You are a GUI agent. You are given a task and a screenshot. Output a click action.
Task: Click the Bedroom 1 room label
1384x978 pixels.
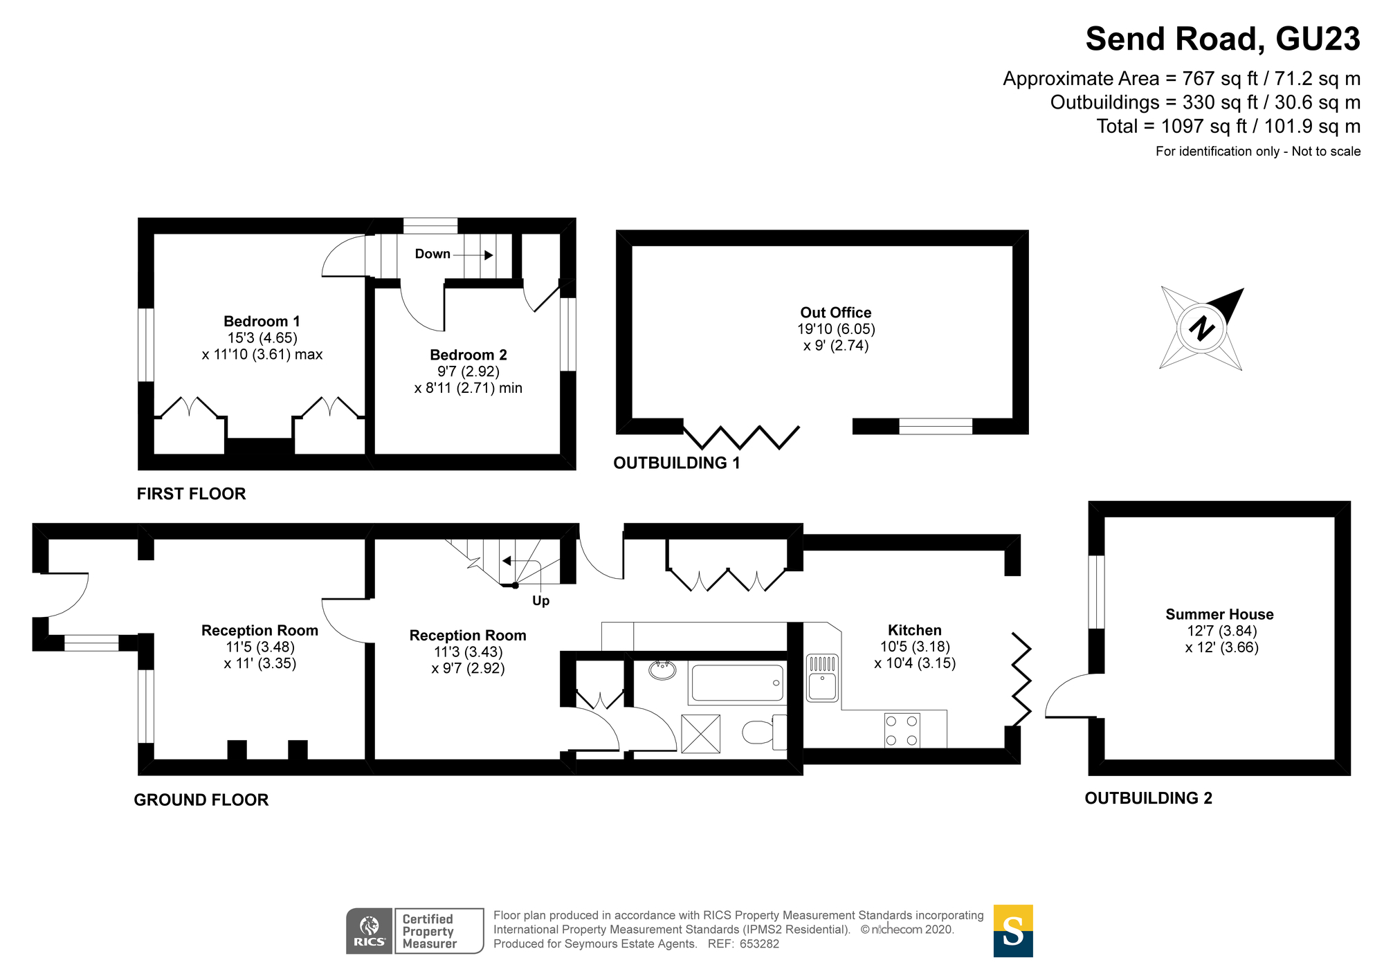[x=262, y=321]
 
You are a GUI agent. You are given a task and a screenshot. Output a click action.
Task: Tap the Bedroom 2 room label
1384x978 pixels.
[x=468, y=355]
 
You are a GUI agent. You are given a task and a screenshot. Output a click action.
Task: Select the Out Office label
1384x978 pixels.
[x=835, y=313]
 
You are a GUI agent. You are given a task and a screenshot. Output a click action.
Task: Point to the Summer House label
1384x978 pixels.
[x=1219, y=614]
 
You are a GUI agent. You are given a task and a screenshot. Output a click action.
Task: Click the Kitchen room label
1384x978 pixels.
[x=915, y=630]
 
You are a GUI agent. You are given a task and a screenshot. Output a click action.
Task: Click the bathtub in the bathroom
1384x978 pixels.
[x=737, y=683]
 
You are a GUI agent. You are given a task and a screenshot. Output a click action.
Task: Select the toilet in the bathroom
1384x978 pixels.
[x=765, y=732]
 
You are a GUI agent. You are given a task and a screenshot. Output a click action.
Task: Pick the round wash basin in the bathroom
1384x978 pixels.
[x=663, y=670]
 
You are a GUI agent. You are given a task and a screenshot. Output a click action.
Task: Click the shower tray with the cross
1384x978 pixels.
[x=700, y=734]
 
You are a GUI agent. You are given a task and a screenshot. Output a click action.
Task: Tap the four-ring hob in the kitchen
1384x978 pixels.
[x=902, y=730]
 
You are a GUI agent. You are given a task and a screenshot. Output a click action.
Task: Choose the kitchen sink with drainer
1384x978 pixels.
[x=823, y=678]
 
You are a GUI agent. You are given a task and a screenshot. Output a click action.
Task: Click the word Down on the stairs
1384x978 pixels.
[x=432, y=254]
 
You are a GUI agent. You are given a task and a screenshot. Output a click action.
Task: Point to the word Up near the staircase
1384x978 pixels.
[x=540, y=600]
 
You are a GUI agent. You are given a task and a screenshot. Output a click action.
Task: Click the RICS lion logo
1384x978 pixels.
[x=370, y=931]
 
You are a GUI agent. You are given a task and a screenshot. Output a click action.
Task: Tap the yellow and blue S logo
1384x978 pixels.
[x=1013, y=931]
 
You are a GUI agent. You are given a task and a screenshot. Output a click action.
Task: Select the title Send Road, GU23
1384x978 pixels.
[x=1223, y=39]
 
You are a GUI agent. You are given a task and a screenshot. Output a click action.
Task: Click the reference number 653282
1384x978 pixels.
[x=759, y=944]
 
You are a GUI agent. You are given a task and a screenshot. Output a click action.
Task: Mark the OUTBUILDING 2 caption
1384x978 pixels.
[x=1149, y=798]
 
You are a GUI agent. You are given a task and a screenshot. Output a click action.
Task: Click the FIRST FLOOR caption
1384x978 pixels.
[x=191, y=494]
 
